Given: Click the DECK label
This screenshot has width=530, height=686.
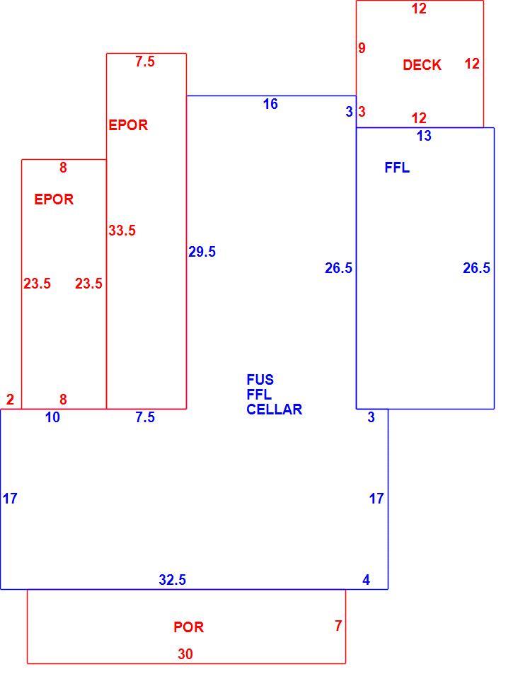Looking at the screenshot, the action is point(422,65).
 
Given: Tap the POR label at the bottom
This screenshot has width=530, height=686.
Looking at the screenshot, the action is point(189,627).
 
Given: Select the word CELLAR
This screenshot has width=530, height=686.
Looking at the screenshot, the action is point(275,409).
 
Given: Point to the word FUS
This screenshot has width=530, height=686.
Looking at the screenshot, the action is point(260,379).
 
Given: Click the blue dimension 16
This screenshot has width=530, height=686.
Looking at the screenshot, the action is point(270,104).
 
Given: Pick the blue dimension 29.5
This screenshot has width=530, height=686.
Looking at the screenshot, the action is point(202,252).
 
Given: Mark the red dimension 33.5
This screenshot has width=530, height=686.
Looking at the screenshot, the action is point(122,231).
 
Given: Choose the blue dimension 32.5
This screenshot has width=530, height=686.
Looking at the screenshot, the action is point(173,580).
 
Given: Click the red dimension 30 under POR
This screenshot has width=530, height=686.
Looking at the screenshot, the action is point(185,654).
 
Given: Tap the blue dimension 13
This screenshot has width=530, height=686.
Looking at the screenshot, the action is point(424,136).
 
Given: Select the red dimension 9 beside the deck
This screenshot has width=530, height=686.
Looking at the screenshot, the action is point(362,48).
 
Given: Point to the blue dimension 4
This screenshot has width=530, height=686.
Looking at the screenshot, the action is point(367,580).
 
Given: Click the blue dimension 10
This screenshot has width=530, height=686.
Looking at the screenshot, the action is point(52,417).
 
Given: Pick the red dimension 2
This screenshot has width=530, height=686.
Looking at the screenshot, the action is point(10,400).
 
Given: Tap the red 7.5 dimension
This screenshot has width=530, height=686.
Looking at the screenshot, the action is point(145,62).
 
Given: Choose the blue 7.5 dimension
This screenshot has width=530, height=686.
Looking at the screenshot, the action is point(145,417).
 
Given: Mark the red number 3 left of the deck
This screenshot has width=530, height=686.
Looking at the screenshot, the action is point(362,112).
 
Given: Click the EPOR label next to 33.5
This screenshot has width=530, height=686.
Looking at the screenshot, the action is point(128,125).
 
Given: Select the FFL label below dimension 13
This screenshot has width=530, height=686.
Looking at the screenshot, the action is point(397,168).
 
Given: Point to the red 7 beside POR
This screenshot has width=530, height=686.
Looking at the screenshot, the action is point(338,626).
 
